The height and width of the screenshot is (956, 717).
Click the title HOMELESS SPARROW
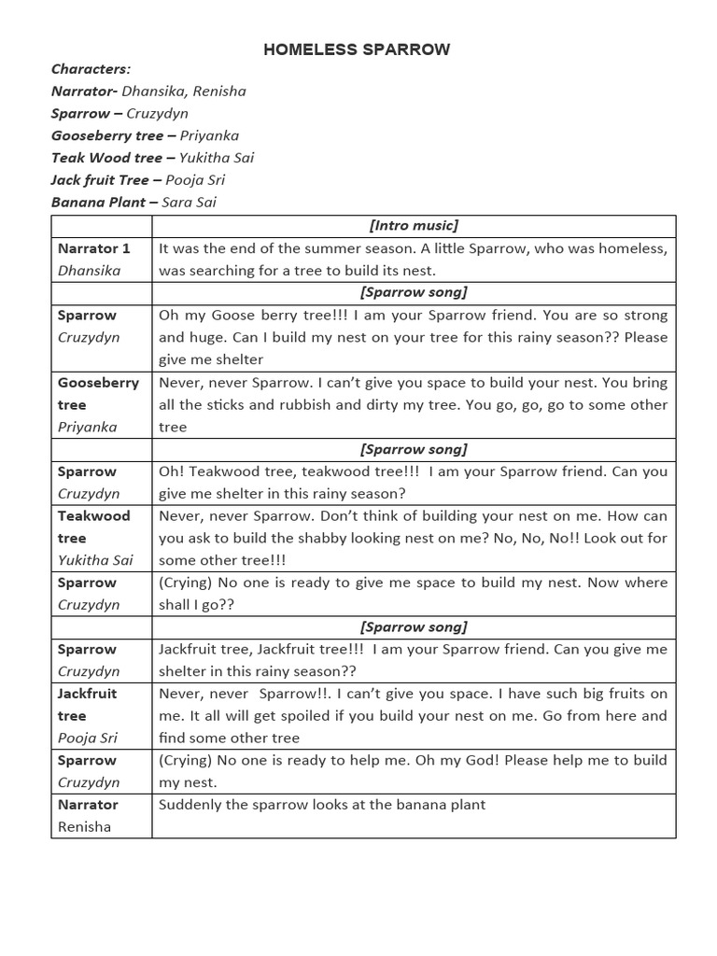pyautogui.click(x=357, y=49)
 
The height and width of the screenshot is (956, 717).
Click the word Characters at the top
pyautogui.click(x=91, y=69)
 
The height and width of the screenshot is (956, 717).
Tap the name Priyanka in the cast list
pyautogui.click(x=209, y=135)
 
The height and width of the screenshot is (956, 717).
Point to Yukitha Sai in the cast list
pyautogui.click(x=217, y=158)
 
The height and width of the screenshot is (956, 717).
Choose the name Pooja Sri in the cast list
pyautogui.click(x=195, y=180)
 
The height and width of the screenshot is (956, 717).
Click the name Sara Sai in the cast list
pyautogui.click(x=189, y=202)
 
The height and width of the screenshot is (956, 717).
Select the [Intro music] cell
pyautogui.click(x=414, y=225)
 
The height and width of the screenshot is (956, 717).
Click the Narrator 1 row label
pyautogui.click(x=94, y=248)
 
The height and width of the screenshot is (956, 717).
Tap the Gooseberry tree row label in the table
pyautogui.click(x=98, y=393)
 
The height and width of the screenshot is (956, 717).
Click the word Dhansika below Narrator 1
pyautogui.click(x=90, y=271)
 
